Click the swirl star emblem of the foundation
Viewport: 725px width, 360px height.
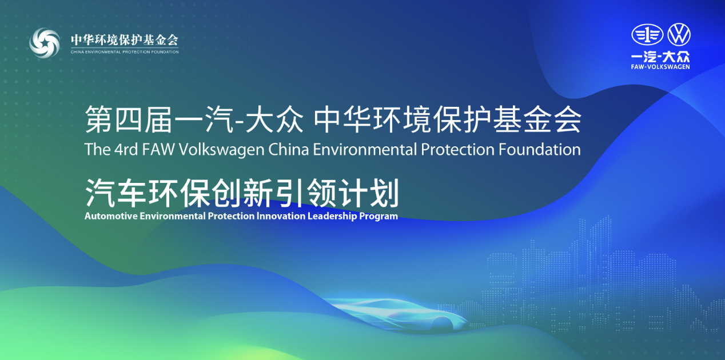pyautogui.click(x=45, y=43)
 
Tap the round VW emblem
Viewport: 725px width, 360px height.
pyautogui.click(x=679, y=34)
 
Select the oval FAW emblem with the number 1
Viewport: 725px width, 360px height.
pyautogui.click(x=647, y=35)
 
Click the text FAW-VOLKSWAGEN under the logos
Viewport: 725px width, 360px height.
pyautogui.click(x=660, y=67)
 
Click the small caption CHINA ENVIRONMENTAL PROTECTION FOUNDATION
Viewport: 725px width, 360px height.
pyautogui.click(x=125, y=52)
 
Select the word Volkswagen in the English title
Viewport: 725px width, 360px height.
pyautogui.click(x=221, y=150)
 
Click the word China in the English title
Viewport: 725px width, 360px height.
pyautogui.click(x=289, y=150)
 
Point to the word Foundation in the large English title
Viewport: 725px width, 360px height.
pyautogui.click(x=540, y=150)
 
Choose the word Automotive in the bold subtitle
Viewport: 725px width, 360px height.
pyautogui.click(x=111, y=216)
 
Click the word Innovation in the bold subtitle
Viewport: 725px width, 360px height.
pyautogui.click(x=281, y=216)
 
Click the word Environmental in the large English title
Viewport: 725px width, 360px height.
pyautogui.click(x=365, y=150)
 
